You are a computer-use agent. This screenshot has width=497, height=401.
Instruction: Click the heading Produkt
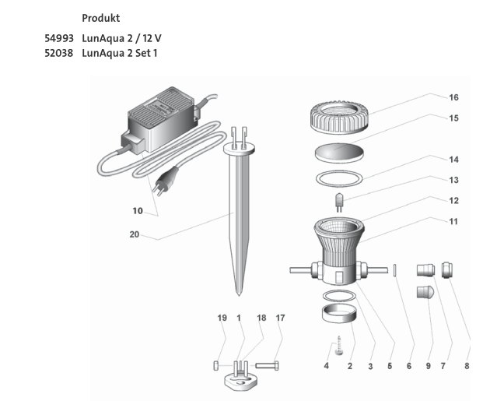(100, 17)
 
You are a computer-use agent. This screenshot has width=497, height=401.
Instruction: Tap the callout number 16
(453, 98)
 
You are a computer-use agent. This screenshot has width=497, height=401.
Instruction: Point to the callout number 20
(135, 234)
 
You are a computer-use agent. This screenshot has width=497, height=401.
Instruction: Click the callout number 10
(138, 210)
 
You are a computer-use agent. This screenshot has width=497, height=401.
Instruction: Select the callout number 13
(453, 180)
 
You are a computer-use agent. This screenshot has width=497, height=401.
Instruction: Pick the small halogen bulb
(340, 203)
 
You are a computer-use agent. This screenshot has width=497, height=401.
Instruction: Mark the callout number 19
(221, 318)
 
